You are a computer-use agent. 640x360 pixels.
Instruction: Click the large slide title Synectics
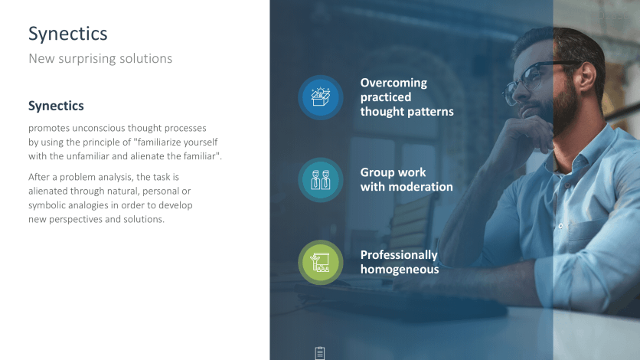(68, 34)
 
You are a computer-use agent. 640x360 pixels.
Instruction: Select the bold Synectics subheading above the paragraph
(56, 106)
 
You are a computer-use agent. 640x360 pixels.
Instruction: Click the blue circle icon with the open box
(321, 97)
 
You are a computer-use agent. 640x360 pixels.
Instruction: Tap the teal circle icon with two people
(321, 180)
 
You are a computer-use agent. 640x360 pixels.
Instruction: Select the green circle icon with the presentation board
(321, 263)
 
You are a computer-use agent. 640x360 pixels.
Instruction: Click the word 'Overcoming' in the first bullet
(393, 83)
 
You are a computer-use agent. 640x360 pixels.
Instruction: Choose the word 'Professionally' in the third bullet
(399, 256)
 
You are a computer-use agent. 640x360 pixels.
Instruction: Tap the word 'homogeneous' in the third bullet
(400, 270)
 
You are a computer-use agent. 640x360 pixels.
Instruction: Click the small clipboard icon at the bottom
(320, 352)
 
